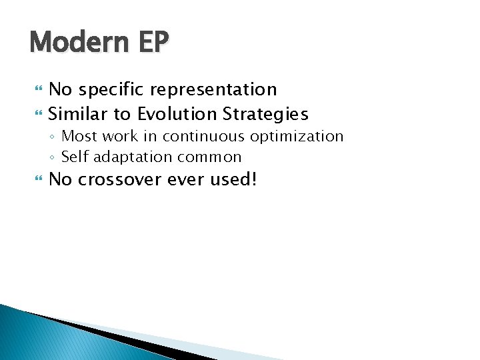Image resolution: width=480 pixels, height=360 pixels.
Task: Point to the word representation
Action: (x=213, y=89)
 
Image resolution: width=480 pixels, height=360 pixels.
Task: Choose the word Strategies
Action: (x=266, y=114)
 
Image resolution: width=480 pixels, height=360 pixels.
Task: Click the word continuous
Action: (x=205, y=137)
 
